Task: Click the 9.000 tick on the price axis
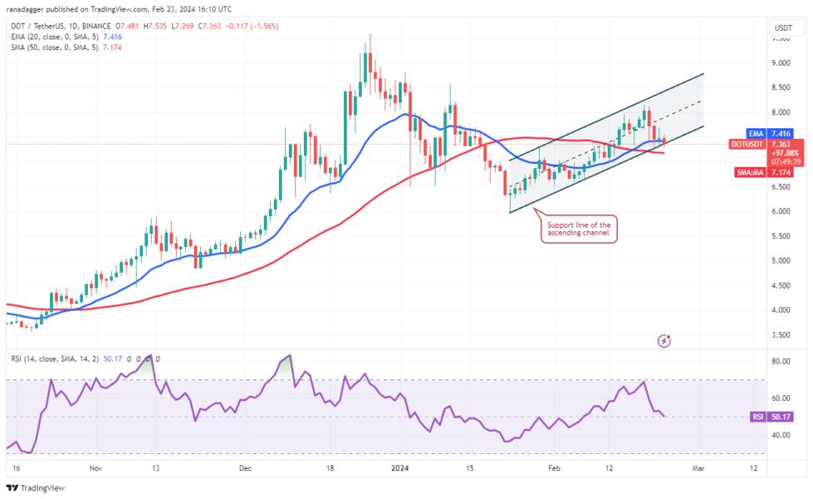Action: [x=781, y=63]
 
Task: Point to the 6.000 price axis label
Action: [x=781, y=211]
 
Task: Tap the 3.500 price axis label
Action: [x=781, y=335]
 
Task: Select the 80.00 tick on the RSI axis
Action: [x=781, y=362]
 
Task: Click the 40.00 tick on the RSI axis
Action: [x=781, y=435]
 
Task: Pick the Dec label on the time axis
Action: [x=245, y=468]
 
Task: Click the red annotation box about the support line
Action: [x=579, y=229]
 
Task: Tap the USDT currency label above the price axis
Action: [x=782, y=27]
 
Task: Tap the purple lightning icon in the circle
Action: [x=664, y=340]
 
